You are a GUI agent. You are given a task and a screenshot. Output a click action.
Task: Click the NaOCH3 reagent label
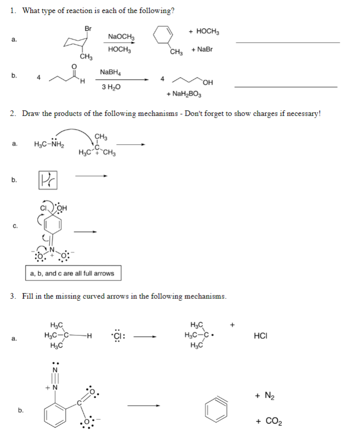click(120, 37)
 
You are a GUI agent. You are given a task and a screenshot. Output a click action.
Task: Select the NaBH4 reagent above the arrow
click(112, 73)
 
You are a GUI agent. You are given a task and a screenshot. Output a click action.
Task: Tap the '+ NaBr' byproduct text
click(201, 49)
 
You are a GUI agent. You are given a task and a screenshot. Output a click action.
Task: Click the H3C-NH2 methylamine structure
click(47, 144)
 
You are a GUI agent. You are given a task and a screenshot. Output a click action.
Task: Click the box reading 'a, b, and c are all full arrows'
click(72, 273)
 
